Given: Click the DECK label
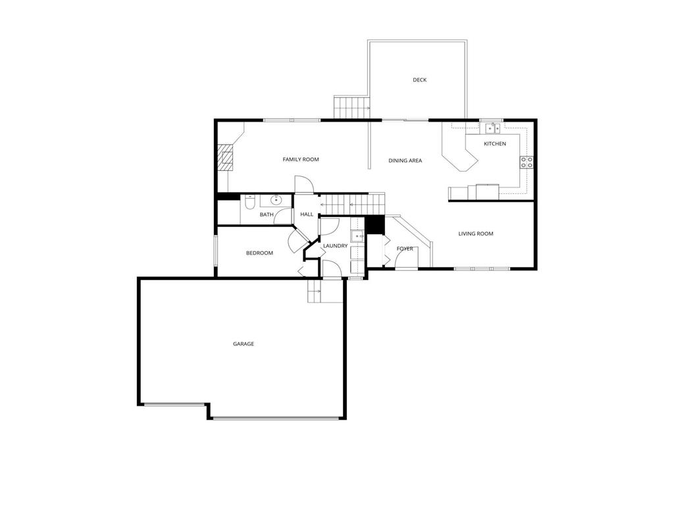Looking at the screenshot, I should pos(419,80).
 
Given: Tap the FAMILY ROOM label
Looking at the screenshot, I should pos(301,160).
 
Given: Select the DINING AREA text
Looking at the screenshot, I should pos(405,160).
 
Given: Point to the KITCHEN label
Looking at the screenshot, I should pos(495,144).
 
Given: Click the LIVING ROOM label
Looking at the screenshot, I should pos(476,233).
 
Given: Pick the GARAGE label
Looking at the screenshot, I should pos(243,344).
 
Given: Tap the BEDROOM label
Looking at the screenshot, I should pos(259,253).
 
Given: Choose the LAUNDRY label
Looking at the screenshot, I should pos(335,246).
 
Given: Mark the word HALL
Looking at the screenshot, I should pos(307,214).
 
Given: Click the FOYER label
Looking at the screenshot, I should pos(405,249).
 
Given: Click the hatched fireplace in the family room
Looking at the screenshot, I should pos(226,158).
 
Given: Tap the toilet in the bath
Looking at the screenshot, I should pos(249,203).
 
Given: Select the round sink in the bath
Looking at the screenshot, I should pos(276,200).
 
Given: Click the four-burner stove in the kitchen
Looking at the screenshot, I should pos(527,162).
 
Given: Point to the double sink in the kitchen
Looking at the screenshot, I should pos(492,128).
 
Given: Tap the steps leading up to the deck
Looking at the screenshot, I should pos(351,108).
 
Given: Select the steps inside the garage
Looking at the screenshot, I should pos(316,291).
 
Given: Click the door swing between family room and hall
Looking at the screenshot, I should pos(302,185).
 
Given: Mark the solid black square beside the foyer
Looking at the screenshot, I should pos(375,224).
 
